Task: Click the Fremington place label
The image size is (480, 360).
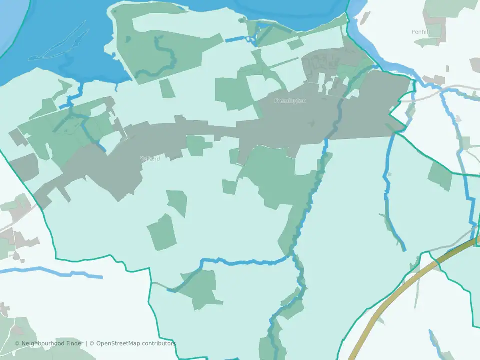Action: [290, 101]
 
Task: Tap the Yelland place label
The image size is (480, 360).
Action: [150, 159]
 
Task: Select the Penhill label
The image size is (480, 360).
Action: [421, 31]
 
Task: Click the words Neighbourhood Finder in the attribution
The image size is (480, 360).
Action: [52, 343]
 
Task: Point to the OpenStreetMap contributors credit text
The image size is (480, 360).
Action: [136, 343]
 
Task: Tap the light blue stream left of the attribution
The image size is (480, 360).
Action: [50, 272]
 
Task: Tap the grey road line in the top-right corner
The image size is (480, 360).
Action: [450, 90]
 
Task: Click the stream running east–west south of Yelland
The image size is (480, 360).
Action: [245, 261]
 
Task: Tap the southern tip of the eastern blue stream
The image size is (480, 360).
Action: [404, 249]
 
